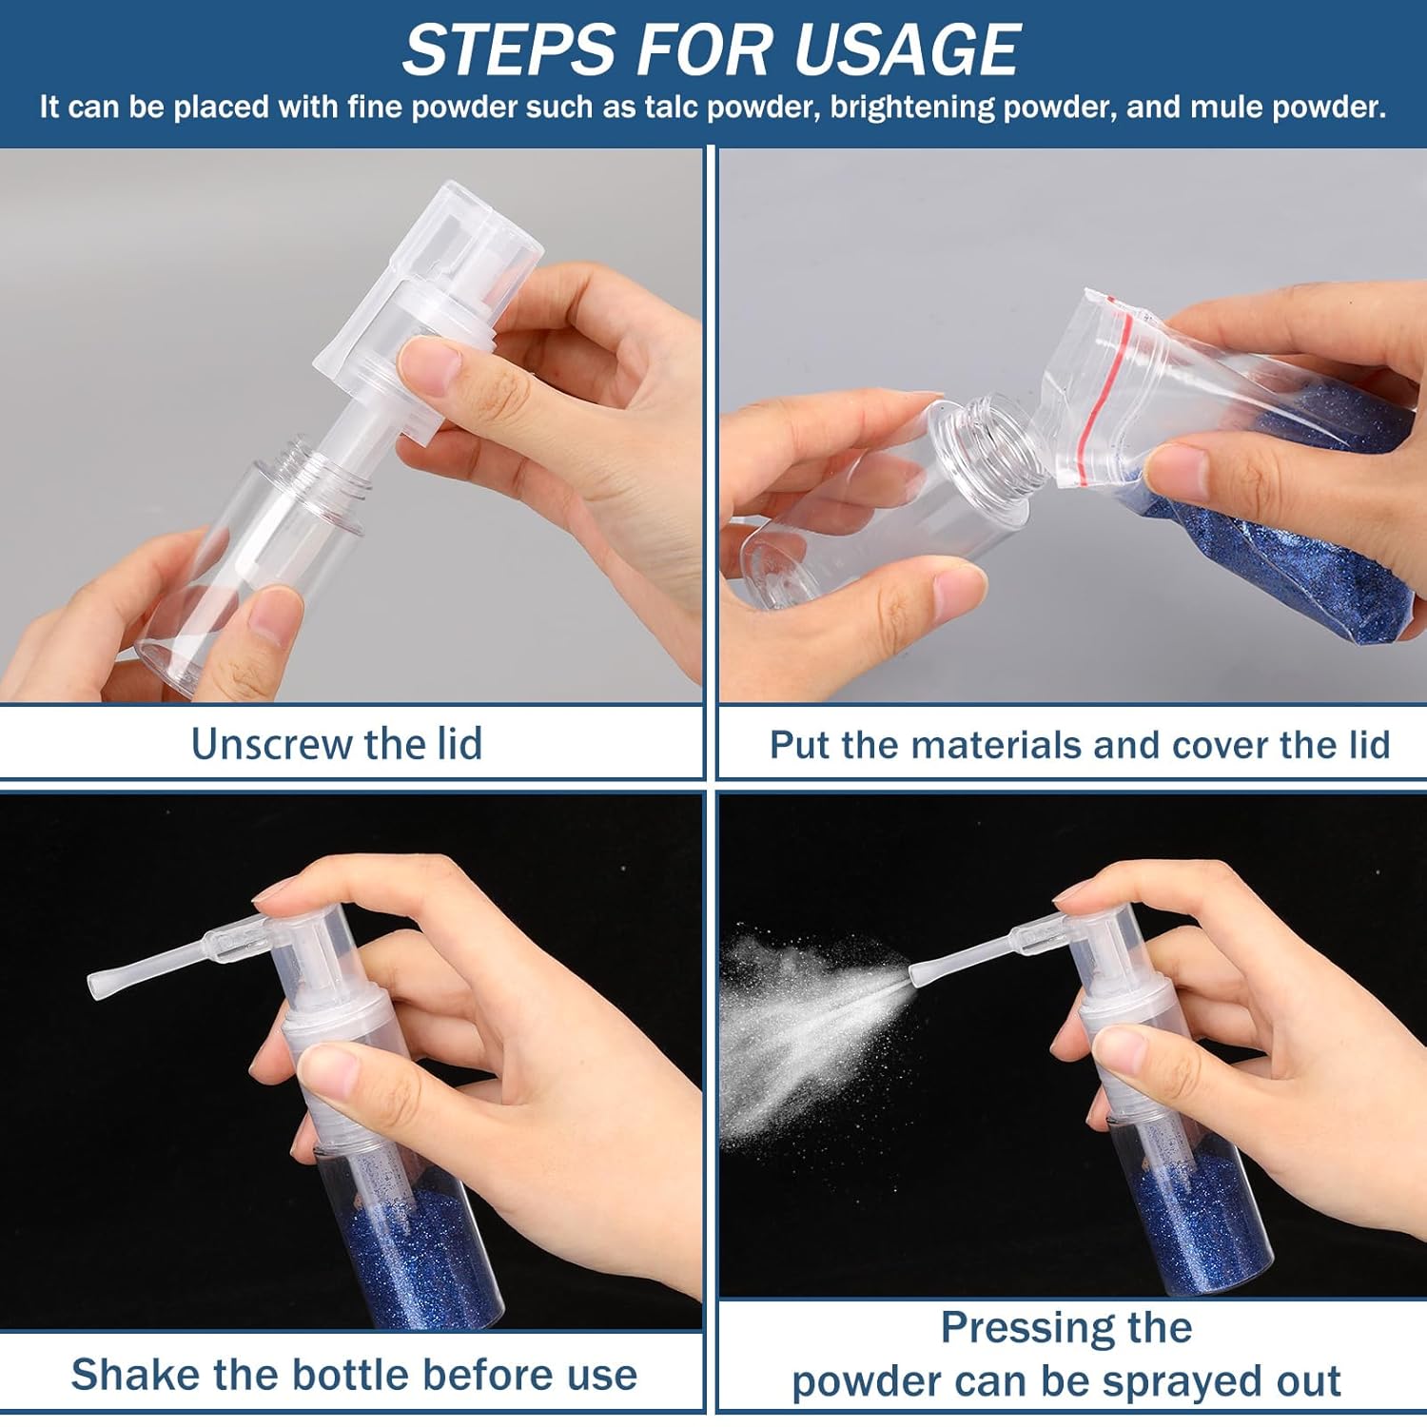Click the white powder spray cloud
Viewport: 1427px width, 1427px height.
click(x=809, y=1032)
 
